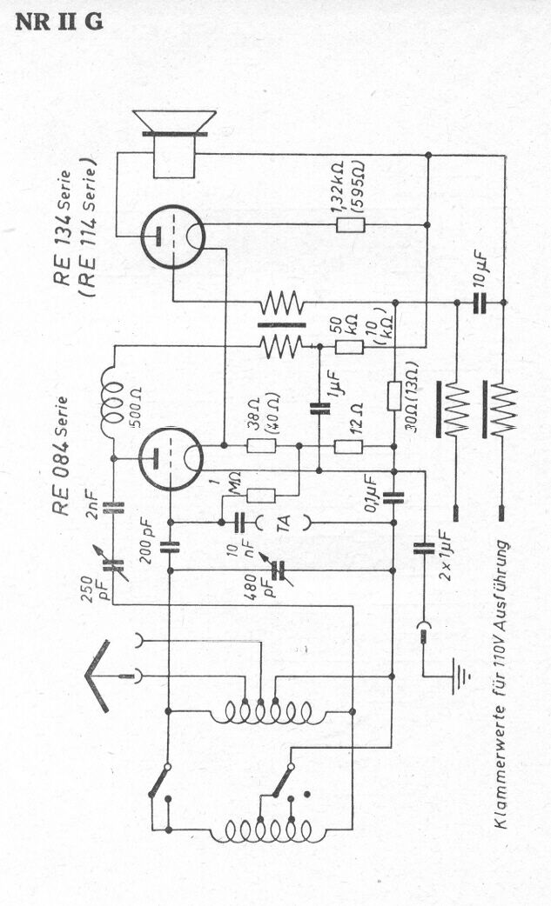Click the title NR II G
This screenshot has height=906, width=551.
[x=59, y=22]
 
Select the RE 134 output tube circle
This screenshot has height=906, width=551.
[x=173, y=236]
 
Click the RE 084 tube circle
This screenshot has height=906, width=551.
[x=171, y=459]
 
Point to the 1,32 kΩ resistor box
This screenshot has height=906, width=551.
[x=351, y=225]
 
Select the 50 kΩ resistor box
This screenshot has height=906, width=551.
[x=350, y=347]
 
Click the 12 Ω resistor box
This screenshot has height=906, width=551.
[x=349, y=446]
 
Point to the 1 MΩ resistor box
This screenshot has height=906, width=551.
[x=261, y=496]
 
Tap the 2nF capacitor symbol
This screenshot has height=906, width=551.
[x=113, y=508]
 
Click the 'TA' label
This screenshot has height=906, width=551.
[x=283, y=523]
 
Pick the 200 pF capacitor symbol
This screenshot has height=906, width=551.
[x=170, y=547]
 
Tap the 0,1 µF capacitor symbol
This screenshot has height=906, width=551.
[x=393, y=497]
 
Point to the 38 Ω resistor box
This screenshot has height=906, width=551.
[x=261, y=446]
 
